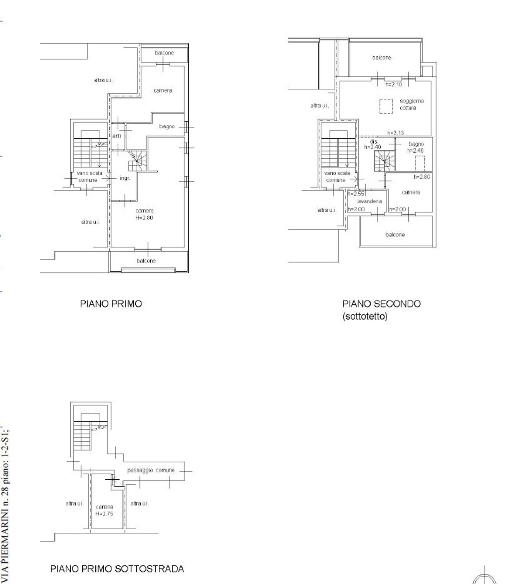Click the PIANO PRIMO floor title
[111, 304]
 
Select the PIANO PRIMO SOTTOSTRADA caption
[117, 569]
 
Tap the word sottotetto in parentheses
[365, 317]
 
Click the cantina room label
[104, 507]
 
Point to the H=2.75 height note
[104, 514]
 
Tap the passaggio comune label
[151, 470]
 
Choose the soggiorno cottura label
[412, 104]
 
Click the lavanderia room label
[370, 201]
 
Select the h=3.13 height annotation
[395, 133]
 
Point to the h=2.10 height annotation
[393, 84]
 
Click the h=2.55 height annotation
[356, 194]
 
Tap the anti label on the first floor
[117, 136]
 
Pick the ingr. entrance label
[125, 178]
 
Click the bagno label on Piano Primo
[167, 126]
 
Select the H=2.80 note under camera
[144, 218]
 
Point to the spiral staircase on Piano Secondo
[385, 161]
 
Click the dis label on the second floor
[374, 142]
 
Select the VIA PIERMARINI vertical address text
[5, 506]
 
